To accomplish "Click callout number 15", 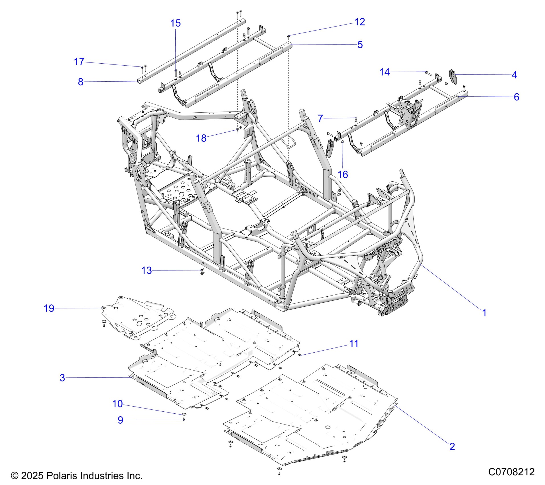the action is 175,23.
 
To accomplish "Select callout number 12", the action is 359,22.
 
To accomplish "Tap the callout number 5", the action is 360,45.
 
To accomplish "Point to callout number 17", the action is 79,62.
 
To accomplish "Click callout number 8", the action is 81,82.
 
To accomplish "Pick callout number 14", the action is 384,72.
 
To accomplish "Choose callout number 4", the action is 514,75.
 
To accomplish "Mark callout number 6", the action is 516,97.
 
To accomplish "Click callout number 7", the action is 320,118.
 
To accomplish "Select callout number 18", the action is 201,138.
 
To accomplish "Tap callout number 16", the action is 343,174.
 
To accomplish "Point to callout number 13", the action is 147,270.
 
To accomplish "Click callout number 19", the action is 49,308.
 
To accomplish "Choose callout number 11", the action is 354,344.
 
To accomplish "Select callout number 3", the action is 62,378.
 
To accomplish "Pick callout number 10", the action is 117,404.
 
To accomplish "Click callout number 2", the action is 452,446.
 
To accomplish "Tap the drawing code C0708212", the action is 511,472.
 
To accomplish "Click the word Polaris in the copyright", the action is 60,476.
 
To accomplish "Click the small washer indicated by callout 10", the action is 184,414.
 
